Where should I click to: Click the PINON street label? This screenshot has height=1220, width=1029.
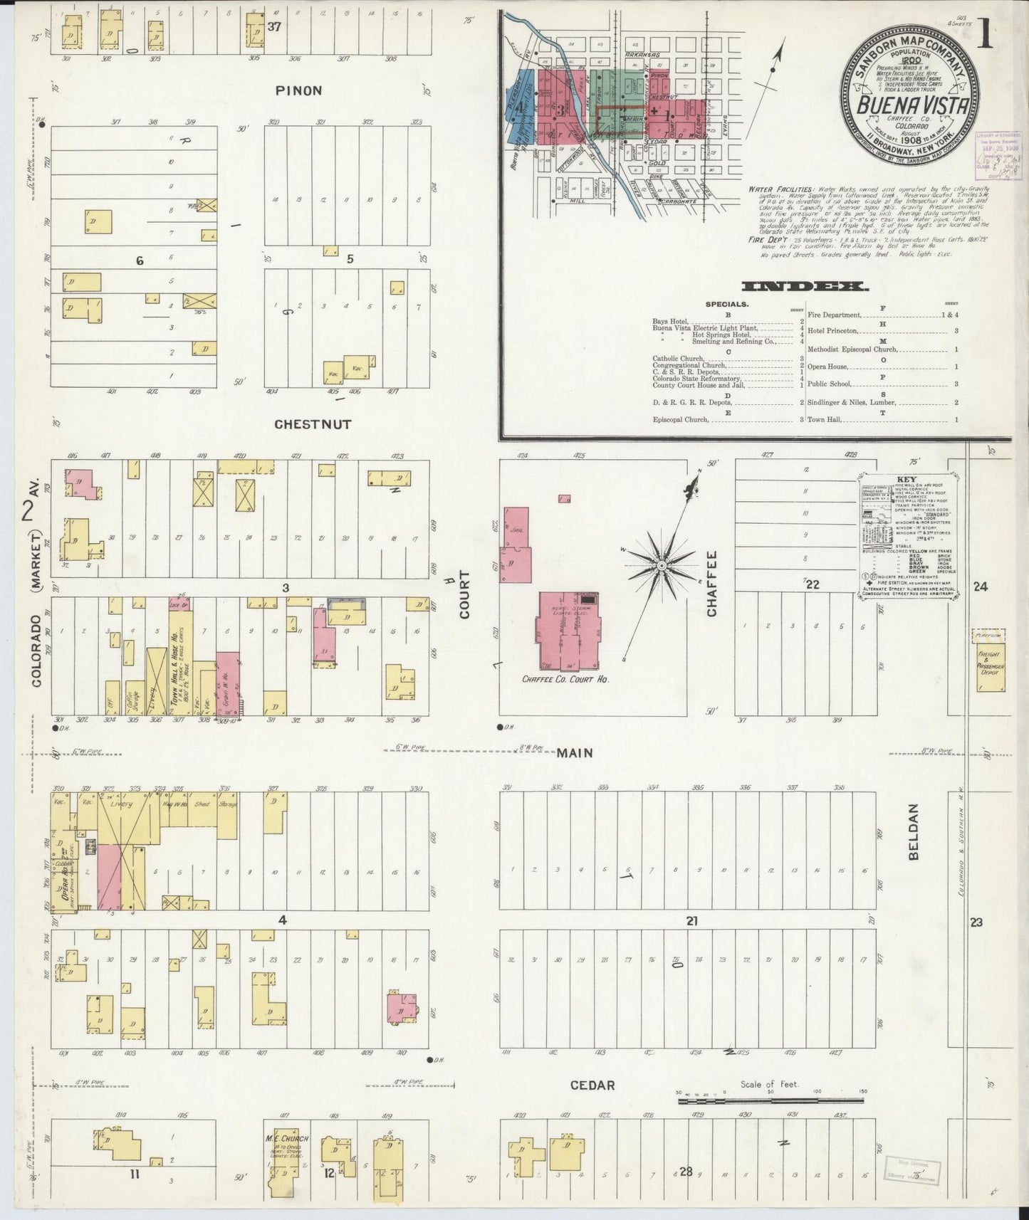pos(299,90)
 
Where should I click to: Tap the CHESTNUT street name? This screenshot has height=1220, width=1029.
pos(313,424)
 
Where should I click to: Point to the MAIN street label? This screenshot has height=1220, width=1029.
pos(575,752)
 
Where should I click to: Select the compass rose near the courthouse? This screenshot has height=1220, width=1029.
pos(662,566)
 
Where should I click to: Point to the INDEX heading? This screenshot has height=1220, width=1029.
pos(805,287)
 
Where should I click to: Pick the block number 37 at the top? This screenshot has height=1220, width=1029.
pos(274,27)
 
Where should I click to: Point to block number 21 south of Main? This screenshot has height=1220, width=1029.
pos(691,920)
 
